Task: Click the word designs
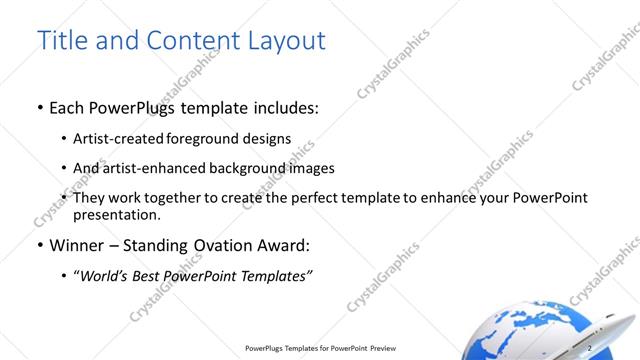pos(266,138)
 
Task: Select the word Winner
pos(75,245)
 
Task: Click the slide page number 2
pos(590,347)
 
